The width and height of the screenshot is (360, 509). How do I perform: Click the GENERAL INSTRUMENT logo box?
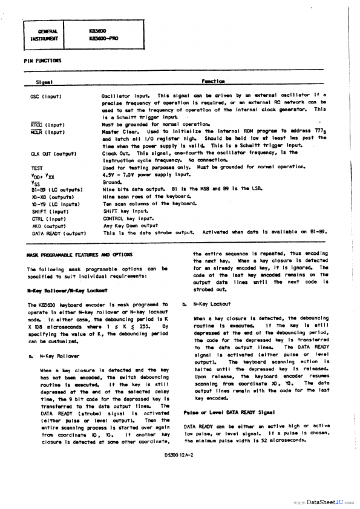(x=48, y=35)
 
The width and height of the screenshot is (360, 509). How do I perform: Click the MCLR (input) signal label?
(x=48, y=131)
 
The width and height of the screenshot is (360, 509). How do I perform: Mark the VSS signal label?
(x=36, y=182)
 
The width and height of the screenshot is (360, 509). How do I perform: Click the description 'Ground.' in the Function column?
(x=113, y=182)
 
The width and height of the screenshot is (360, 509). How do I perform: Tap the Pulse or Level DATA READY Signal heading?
(x=223, y=412)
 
